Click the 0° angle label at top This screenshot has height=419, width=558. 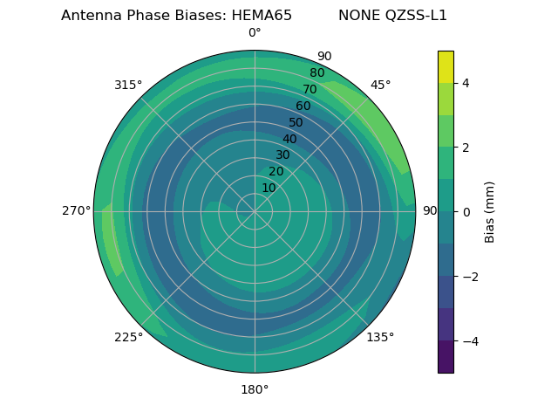tap(255, 33)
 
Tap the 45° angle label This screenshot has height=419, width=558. tap(380, 85)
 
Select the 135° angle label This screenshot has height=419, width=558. tap(380, 337)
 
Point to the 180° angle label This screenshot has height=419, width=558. tap(255, 389)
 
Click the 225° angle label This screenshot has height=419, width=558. tap(128, 337)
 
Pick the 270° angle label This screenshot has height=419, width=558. tap(76, 210)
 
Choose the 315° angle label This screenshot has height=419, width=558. tap(128, 85)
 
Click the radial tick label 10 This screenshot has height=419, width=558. tap(269, 188)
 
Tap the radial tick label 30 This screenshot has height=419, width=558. tap(282, 155)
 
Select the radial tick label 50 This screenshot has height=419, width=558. tap(296, 123)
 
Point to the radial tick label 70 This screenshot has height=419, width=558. tap(310, 90)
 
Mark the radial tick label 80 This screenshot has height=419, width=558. tap(317, 73)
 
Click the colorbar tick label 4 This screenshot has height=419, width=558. tap(466, 83)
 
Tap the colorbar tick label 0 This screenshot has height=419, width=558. tap(466, 211)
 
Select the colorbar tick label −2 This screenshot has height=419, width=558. tap(468, 276)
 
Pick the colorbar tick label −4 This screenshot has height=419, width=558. tap(468, 340)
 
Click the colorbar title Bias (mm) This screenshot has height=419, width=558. tap(490, 211)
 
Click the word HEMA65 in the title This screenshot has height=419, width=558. tap(262, 16)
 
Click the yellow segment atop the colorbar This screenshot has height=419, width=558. tap(446, 66)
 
